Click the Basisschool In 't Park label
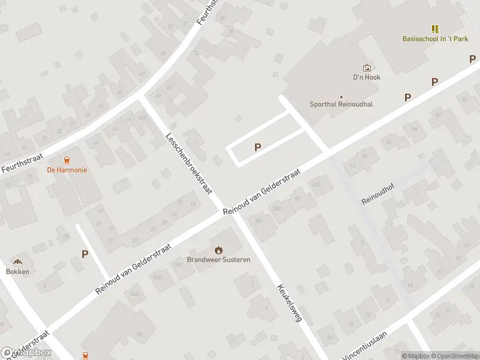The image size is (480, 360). coord(435,39)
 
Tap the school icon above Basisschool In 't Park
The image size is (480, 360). coord(435,28)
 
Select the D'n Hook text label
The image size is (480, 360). coord(367,77)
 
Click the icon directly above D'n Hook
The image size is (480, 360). coord(367,68)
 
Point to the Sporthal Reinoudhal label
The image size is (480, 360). coord(341,104)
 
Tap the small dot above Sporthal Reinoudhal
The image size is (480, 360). coord(341,97)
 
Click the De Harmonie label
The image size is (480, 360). coord(67,170)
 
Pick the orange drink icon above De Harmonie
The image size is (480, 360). coord(67,160)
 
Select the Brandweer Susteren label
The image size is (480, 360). coord(218,260)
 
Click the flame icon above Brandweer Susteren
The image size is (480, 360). coord(218,250)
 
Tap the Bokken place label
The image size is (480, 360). coord(17,271)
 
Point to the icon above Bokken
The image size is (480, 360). coord(17,262)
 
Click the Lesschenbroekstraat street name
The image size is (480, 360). coord(190,163)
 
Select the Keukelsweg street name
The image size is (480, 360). coord(289,304)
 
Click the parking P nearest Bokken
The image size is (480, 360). coord(85,254)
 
